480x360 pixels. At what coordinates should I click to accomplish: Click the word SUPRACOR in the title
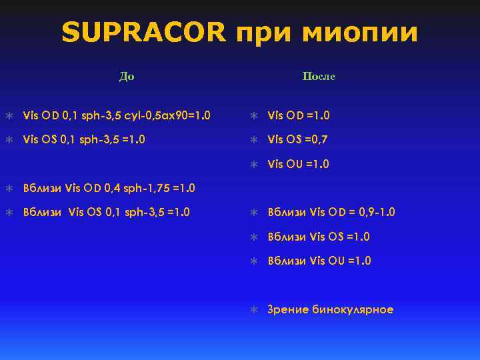tap(143, 33)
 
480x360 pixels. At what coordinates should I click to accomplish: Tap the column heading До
tap(127, 76)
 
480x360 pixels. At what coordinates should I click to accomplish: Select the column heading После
tap(319, 77)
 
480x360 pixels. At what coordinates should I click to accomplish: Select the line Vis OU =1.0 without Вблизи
tap(298, 164)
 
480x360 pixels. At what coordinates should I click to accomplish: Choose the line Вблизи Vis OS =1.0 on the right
tap(319, 237)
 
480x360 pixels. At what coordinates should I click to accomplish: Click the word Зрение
tap(287, 309)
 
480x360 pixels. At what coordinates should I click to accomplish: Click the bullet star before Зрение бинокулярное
tap(253, 309)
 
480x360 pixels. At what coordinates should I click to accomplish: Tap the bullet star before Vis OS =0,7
tap(253, 139)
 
